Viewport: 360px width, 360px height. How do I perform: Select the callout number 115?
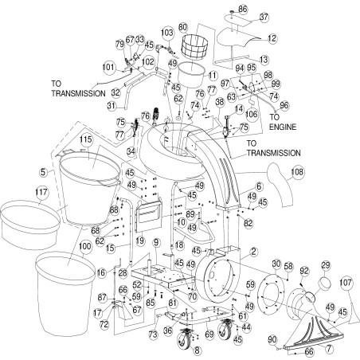[x=86, y=140]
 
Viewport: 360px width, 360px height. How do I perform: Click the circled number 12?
[x=271, y=37]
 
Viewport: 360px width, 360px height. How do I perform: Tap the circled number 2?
[x=253, y=251]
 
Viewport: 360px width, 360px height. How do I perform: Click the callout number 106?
[x=229, y=114]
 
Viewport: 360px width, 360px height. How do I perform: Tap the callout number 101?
[x=108, y=67]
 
